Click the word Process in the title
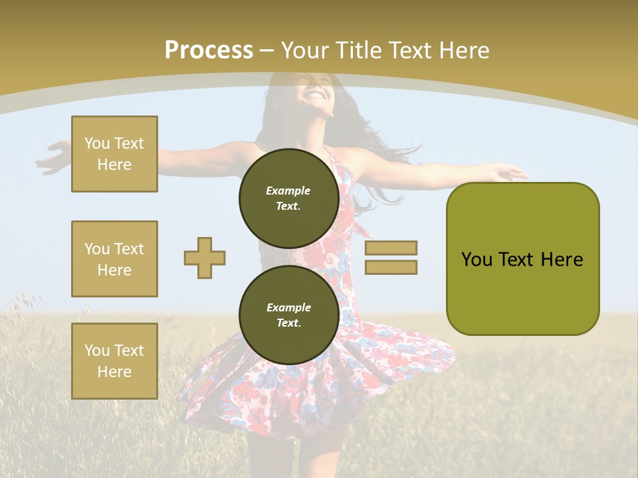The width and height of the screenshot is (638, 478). pyautogui.click(x=209, y=50)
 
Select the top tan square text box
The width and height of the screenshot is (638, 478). pyautogui.click(x=114, y=154)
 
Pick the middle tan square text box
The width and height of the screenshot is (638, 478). pyautogui.click(x=114, y=259)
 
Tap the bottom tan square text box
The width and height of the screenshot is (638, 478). pyautogui.click(x=114, y=361)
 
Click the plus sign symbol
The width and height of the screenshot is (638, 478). pyautogui.click(x=205, y=258)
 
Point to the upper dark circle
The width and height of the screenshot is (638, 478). pyautogui.click(x=288, y=198)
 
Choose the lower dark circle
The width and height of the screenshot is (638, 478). pyautogui.click(x=288, y=315)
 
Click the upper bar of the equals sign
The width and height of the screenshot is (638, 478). pyautogui.click(x=391, y=248)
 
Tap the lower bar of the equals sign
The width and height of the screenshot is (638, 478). pyautogui.click(x=391, y=267)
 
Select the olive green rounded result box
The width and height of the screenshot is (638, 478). pyautogui.click(x=522, y=258)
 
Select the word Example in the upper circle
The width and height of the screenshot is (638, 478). pyautogui.click(x=288, y=191)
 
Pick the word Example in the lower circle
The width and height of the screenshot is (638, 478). pyautogui.click(x=288, y=307)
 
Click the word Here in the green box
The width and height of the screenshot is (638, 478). pyautogui.click(x=562, y=260)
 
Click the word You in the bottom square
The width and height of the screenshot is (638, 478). pyautogui.click(x=97, y=351)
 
